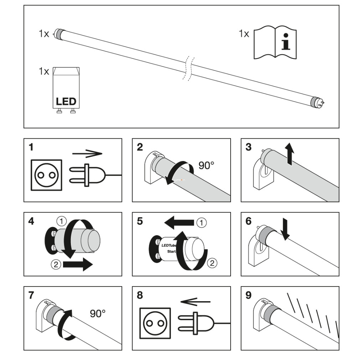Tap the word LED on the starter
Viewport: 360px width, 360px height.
point(66,101)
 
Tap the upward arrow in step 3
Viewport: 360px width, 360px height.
point(291,154)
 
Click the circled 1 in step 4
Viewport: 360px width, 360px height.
point(62,221)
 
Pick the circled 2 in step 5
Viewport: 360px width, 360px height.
point(211,263)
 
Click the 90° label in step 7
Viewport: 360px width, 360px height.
point(98,314)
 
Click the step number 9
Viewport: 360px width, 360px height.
point(248,295)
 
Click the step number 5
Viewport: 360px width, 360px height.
point(140,221)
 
